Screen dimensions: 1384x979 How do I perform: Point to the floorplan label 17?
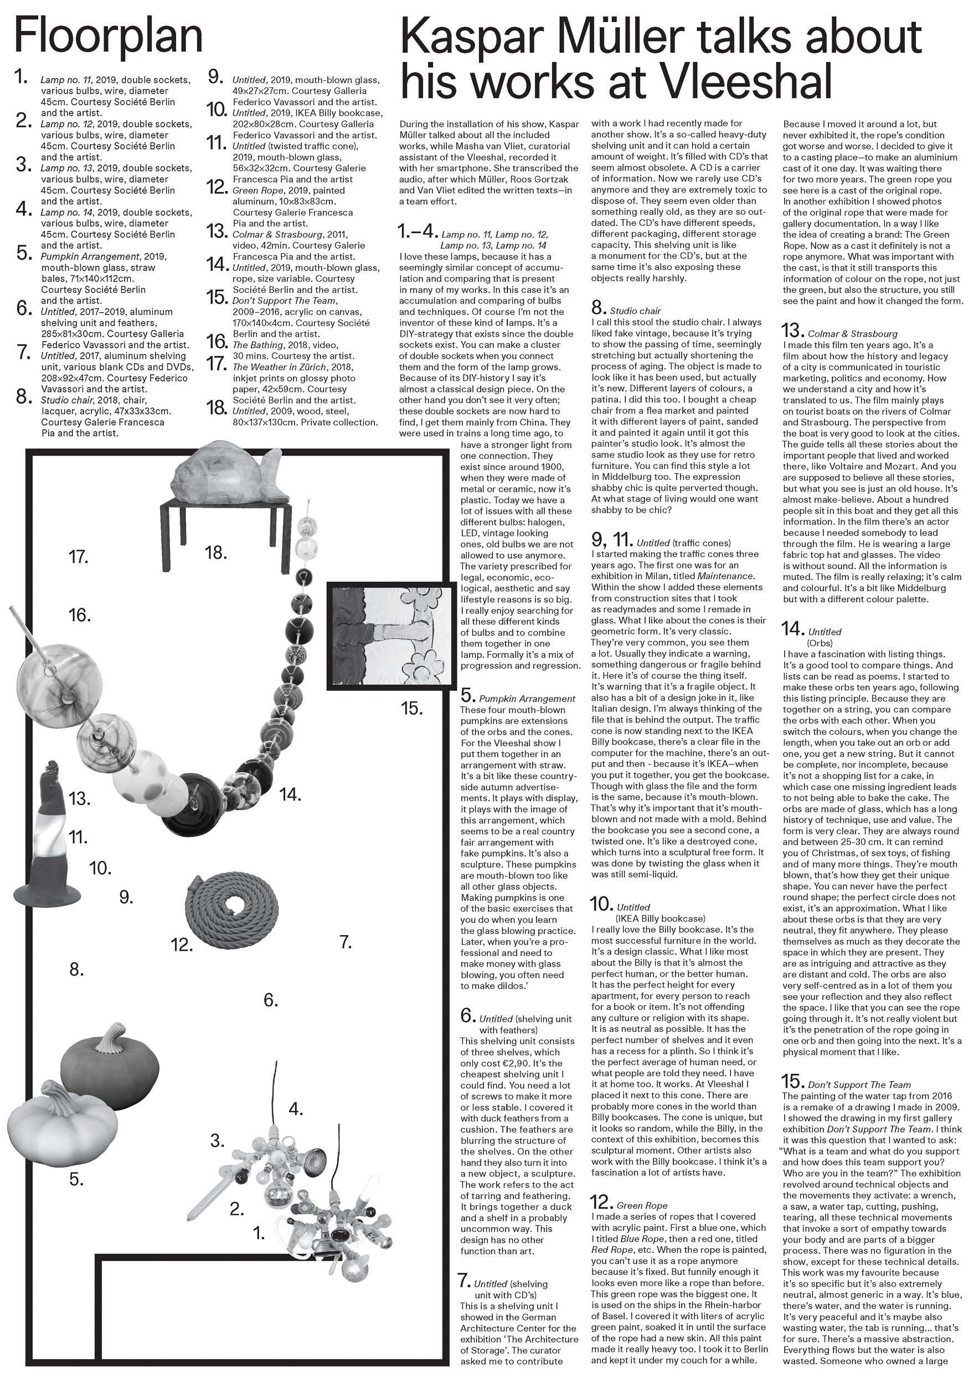point(79,557)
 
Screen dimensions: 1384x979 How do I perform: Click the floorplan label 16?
point(80,616)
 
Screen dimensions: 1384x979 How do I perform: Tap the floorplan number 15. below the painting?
point(412,709)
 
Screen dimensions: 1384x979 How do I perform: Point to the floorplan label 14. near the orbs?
point(290,795)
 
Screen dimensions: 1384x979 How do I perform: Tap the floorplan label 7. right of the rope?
point(346,942)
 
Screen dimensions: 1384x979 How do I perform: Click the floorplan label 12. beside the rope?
point(182,945)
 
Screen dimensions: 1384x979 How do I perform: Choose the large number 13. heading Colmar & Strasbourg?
point(793,331)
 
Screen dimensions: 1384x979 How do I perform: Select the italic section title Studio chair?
point(635,311)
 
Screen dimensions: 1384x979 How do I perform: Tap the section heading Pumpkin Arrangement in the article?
point(527,699)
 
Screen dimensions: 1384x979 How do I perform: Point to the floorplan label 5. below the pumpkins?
point(76,1179)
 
